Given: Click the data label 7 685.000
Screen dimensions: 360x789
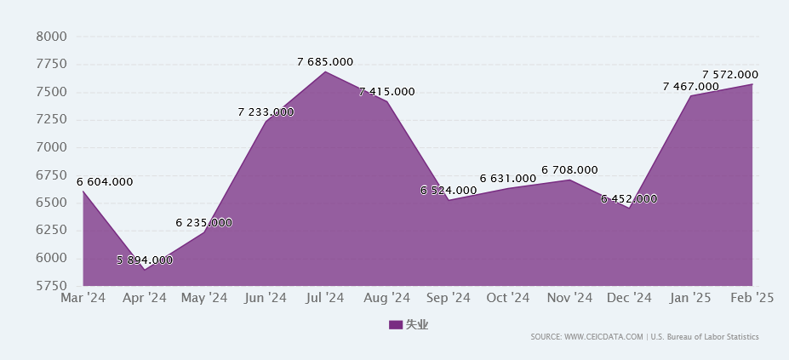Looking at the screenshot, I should click(x=325, y=62).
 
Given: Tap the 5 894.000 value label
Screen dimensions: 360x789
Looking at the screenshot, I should click(x=145, y=260).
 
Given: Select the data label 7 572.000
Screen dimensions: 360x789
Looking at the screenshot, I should click(x=730, y=75).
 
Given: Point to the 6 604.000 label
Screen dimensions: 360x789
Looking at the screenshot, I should click(x=105, y=181).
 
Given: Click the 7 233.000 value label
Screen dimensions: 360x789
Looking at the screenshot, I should click(x=266, y=111).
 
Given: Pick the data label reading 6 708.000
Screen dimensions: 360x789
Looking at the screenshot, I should click(x=569, y=170).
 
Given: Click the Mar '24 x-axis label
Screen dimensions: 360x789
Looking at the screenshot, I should click(x=83, y=298).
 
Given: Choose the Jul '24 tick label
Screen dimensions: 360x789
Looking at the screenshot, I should click(x=325, y=298).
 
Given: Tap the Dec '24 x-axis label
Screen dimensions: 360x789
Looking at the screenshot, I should click(x=630, y=298).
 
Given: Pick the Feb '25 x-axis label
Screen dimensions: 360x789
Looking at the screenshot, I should click(x=752, y=298).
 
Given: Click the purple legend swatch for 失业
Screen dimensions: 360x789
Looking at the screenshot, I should click(x=395, y=324).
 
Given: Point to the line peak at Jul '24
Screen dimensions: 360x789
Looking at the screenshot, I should click(x=326, y=71).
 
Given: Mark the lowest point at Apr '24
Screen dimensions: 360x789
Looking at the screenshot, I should click(x=144, y=269).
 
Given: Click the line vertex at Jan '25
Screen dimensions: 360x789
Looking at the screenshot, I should click(x=691, y=95).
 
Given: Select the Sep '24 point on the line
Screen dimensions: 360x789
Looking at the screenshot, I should click(x=448, y=200).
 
